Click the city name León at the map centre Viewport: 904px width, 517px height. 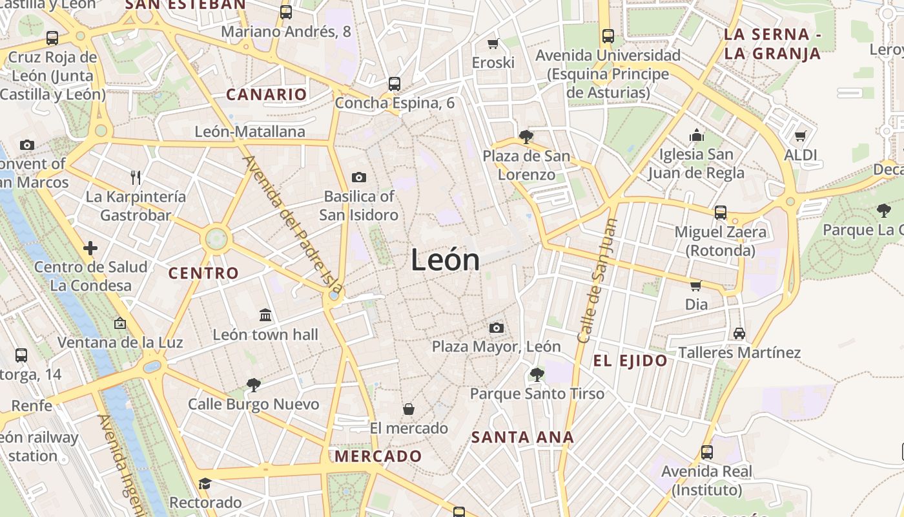click(x=446, y=260)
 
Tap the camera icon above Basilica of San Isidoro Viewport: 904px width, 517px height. click(x=358, y=177)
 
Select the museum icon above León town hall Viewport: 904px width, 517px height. click(x=265, y=315)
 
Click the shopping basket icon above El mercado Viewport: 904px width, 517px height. click(x=409, y=408)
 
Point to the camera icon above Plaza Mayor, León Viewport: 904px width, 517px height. click(x=496, y=328)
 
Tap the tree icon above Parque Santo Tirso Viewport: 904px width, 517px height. click(x=537, y=374)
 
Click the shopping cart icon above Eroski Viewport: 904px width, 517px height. click(x=493, y=43)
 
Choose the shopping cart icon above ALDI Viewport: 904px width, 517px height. click(x=801, y=136)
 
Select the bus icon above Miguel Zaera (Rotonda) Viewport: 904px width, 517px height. click(x=721, y=212)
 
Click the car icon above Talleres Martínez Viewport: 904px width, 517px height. click(x=739, y=333)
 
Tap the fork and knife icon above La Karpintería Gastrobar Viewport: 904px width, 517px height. click(x=136, y=177)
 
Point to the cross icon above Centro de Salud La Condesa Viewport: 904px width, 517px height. click(x=90, y=248)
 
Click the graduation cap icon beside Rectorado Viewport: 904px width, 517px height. click(x=205, y=483)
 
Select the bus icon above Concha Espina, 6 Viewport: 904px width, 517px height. click(x=395, y=84)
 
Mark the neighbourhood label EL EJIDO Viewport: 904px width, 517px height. click(x=630, y=361)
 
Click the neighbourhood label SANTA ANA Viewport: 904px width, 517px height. click(x=522, y=438)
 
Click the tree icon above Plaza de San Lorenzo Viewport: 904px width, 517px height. click(x=526, y=136)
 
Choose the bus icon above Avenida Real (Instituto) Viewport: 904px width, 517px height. click(x=707, y=452)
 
